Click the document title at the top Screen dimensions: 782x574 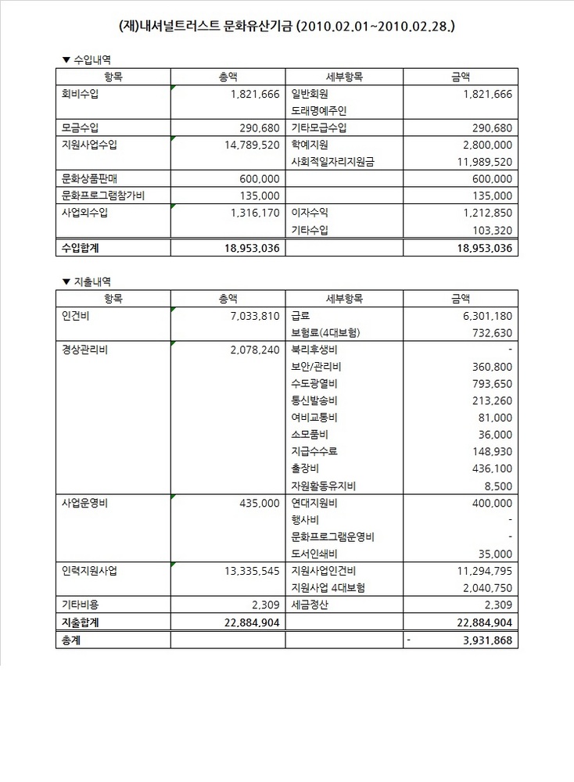click(287, 26)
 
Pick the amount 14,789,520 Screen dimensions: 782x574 click(245, 145)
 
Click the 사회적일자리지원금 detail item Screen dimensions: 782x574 click(332, 162)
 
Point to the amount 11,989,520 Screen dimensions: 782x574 click(475, 162)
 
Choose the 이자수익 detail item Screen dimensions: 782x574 click(310, 213)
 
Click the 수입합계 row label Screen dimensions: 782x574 click(81, 248)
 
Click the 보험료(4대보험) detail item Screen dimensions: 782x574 click(325, 332)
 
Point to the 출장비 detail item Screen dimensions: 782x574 click(304, 468)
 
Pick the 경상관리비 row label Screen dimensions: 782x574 click(84, 350)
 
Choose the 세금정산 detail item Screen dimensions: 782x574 click(310, 604)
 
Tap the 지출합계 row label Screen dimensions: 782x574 click(81, 622)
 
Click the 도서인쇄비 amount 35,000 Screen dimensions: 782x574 click(496, 554)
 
